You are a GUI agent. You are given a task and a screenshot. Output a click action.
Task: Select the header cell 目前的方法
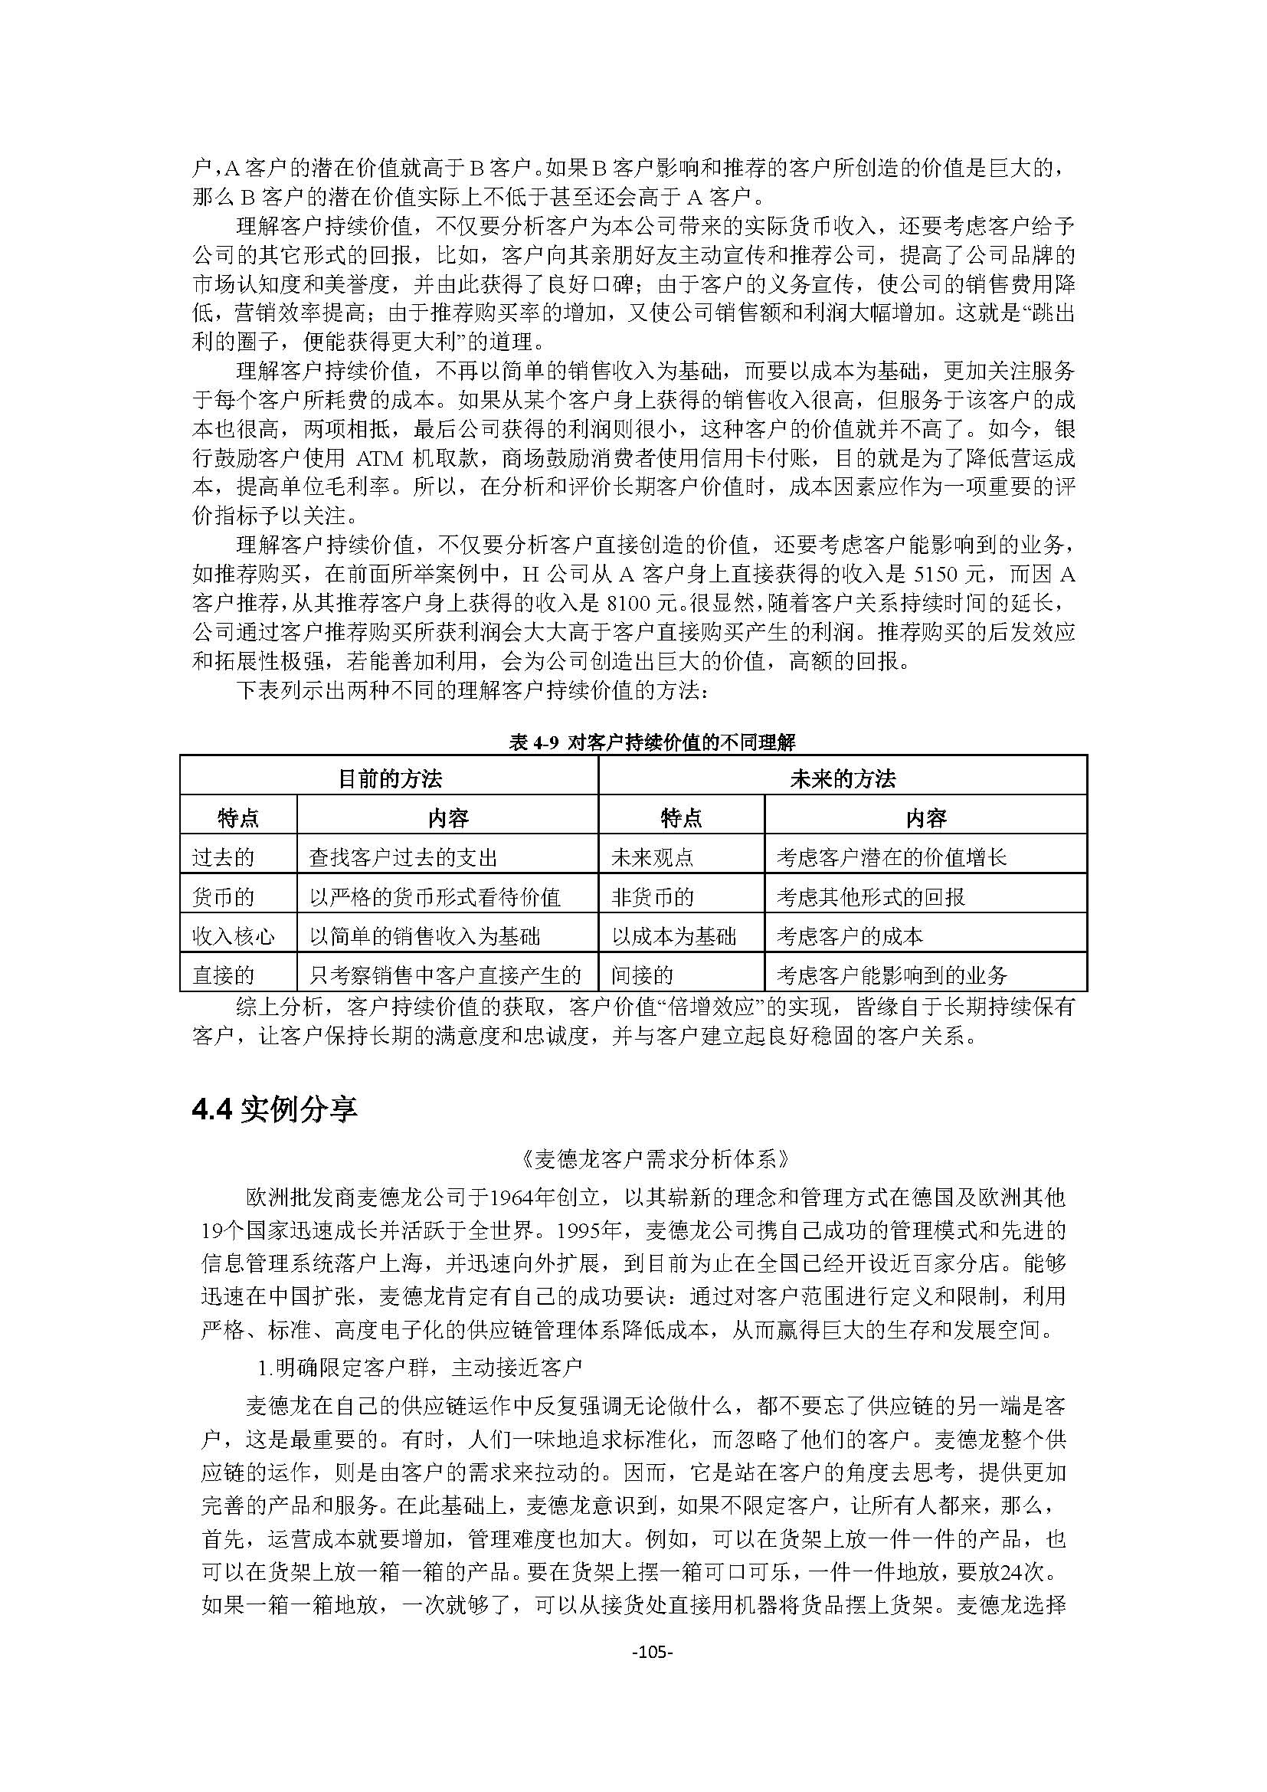(x=389, y=778)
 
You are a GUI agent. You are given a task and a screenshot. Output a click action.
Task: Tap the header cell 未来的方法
(x=843, y=778)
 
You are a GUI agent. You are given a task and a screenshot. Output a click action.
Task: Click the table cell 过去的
(x=223, y=858)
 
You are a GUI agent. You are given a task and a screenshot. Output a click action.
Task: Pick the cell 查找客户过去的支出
(x=403, y=858)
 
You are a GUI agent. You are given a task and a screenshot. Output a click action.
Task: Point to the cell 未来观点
(x=652, y=858)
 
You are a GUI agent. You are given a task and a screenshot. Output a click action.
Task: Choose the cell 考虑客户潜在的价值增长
(x=891, y=858)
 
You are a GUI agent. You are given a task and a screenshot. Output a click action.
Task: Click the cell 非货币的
(x=652, y=897)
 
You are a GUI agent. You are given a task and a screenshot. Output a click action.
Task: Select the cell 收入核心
(x=234, y=935)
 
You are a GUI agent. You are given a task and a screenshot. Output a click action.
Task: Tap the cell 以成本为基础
(x=673, y=935)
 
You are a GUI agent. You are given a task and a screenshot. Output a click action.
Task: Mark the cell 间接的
(x=642, y=975)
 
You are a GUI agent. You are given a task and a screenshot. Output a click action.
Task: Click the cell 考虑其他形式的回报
(x=871, y=897)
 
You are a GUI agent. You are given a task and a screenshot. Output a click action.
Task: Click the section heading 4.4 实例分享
(x=275, y=1109)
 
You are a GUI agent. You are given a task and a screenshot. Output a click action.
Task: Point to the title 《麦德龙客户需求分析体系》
(x=653, y=1159)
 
